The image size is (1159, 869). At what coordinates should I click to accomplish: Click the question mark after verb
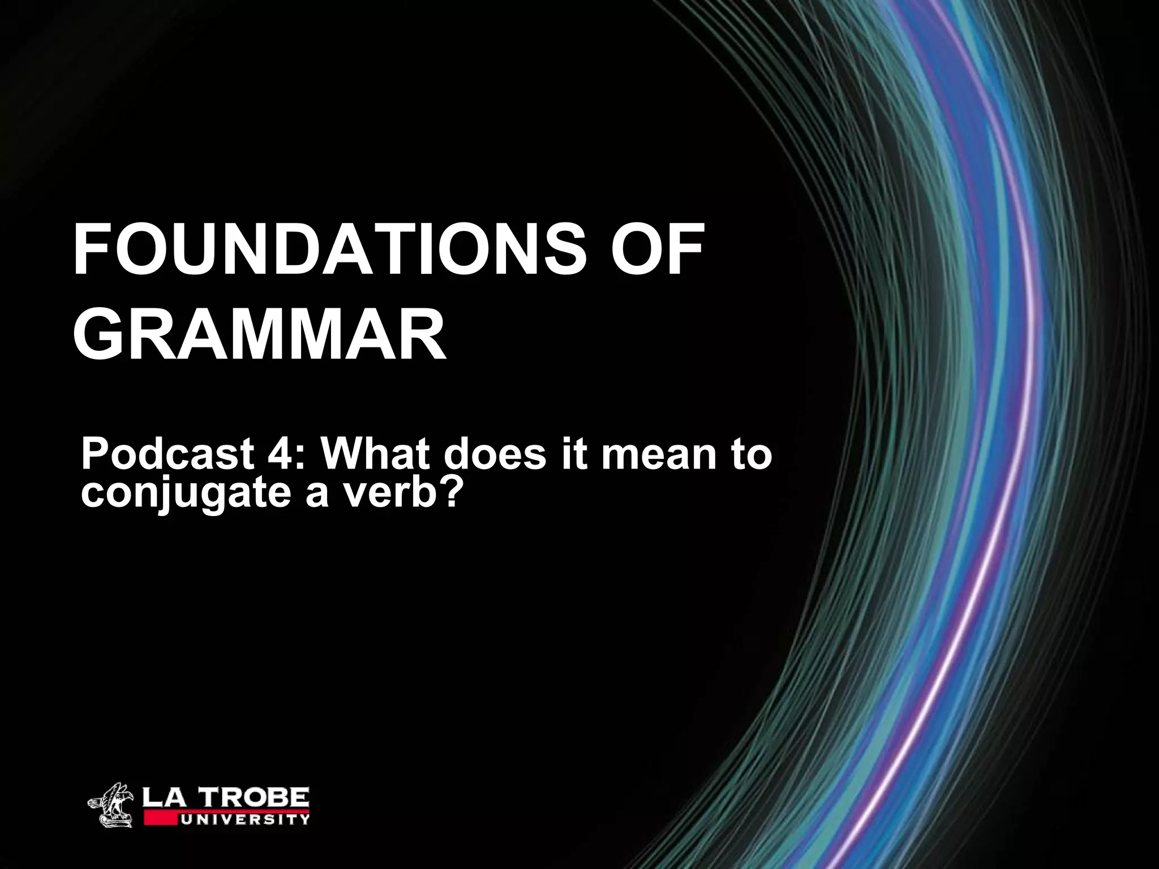click(447, 491)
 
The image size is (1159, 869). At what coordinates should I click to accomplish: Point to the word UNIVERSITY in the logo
click(243, 819)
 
